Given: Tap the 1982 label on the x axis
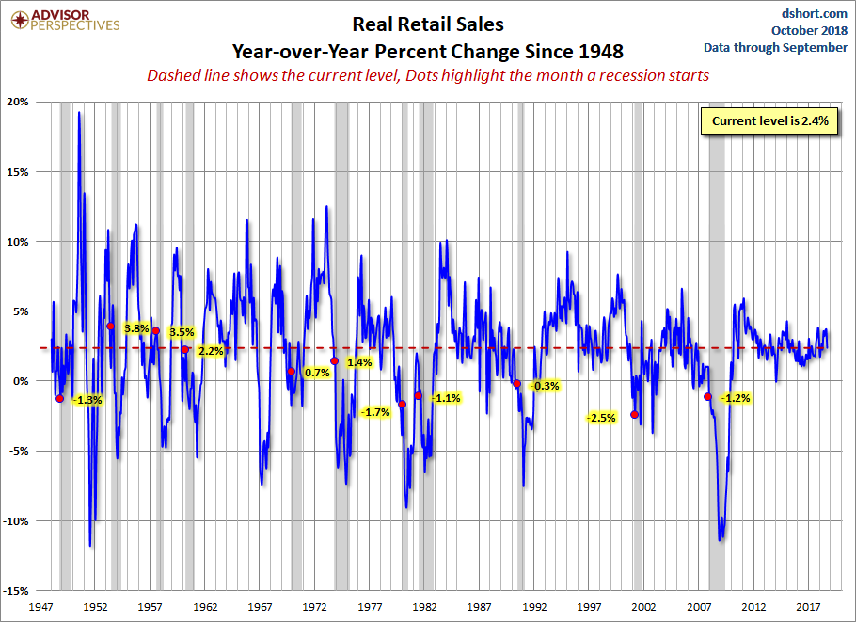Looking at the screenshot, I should pyautogui.click(x=424, y=607).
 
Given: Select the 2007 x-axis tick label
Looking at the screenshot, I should pyautogui.click(x=699, y=607).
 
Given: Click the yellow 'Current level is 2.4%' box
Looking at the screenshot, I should pyautogui.click(x=768, y=121).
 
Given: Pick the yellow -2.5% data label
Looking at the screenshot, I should pyautogui.click(x=600, y=417).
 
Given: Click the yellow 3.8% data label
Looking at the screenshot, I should pyautogui.click(x=136, y=328).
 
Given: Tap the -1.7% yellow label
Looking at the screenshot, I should pyautogui.click(x=375, y=412).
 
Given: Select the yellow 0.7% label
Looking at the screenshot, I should pyautogui.click(x=318, y=373).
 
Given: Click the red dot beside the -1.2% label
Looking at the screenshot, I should pyautogui.click(x=707, y=397).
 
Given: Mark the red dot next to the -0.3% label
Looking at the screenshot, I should pyautogui.click(x=516, y=383).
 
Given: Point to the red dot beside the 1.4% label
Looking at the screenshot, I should pyautogui.click(x=334, y=360).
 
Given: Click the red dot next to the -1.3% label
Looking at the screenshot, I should pyautogui.click(x=60, y=398).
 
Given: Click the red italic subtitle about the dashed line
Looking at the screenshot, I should pyautogui.click(x=427, y=75).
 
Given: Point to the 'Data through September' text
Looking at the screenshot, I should pyautogui.click(x=776, y=47).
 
